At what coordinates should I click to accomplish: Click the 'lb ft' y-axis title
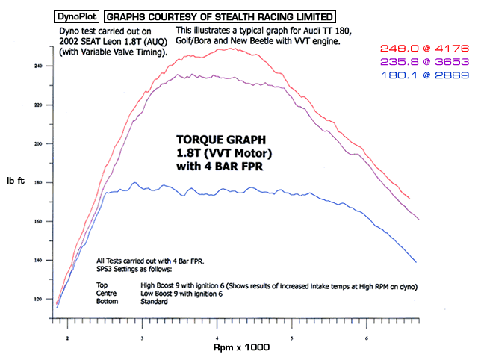click(x=16, y=181)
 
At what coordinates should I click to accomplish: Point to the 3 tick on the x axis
click(x=143, y=338)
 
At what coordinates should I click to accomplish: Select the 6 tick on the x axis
click(x=367, y=338)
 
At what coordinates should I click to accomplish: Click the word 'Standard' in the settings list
click(x=155, y=302)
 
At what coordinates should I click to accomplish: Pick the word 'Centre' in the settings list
click(x=108, y=294)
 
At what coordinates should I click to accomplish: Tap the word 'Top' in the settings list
click(x=102, y=285)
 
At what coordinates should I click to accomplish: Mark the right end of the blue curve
click(x=415, y=261)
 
